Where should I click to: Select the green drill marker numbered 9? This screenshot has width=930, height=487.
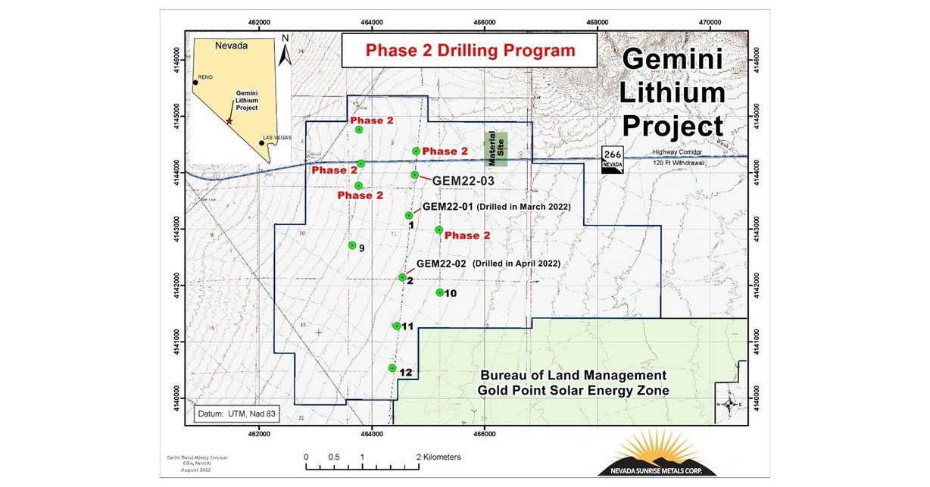click(x=352, y=245)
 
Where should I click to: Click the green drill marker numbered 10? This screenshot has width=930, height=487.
click(x=439, y=292)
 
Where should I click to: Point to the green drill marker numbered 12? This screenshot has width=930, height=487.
click(x=392, y=368)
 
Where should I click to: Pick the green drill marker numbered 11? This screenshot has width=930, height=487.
click(x=397, y=326)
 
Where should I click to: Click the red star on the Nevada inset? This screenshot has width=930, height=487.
click(x=229, y=121)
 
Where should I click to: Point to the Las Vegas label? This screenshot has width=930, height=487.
click(x=277, y=139)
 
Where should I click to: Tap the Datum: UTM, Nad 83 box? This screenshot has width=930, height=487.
click(x=231, y=414)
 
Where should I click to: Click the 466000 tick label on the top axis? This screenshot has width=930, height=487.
click(x=485, y=23)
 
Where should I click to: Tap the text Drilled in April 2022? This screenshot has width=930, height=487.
click(x=516, y=264)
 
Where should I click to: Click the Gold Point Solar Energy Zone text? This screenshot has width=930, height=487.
click(x=573, y=390)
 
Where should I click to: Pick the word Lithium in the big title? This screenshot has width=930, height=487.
click(x=673, y=93)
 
